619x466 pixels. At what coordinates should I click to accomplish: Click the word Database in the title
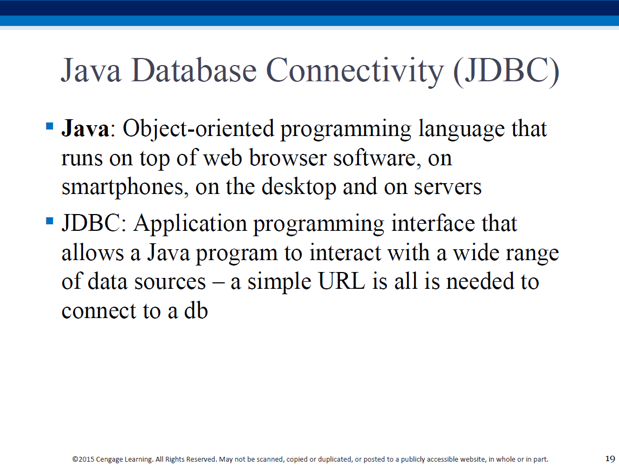[194, 70]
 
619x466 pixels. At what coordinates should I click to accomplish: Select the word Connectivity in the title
[354, 72]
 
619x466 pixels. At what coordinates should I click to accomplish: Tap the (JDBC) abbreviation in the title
[506, 72]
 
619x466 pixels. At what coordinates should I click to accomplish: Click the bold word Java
[85, 128]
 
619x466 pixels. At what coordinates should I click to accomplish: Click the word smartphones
[123, 188]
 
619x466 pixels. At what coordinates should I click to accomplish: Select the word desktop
[299, 188]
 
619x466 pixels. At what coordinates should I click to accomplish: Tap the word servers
[448, 188]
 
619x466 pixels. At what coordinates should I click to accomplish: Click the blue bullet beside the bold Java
[50, 126]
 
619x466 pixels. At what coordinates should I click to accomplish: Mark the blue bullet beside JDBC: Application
[50, 220]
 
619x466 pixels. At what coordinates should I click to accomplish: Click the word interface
[433, 223]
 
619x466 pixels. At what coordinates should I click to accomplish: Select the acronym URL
[341, 282]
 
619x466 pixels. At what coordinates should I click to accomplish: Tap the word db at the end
[196, 310]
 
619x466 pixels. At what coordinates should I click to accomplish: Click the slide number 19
[610, 458]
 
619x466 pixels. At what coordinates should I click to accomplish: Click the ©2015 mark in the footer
[83, 459]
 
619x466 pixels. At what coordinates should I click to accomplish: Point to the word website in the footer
[472, 459]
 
